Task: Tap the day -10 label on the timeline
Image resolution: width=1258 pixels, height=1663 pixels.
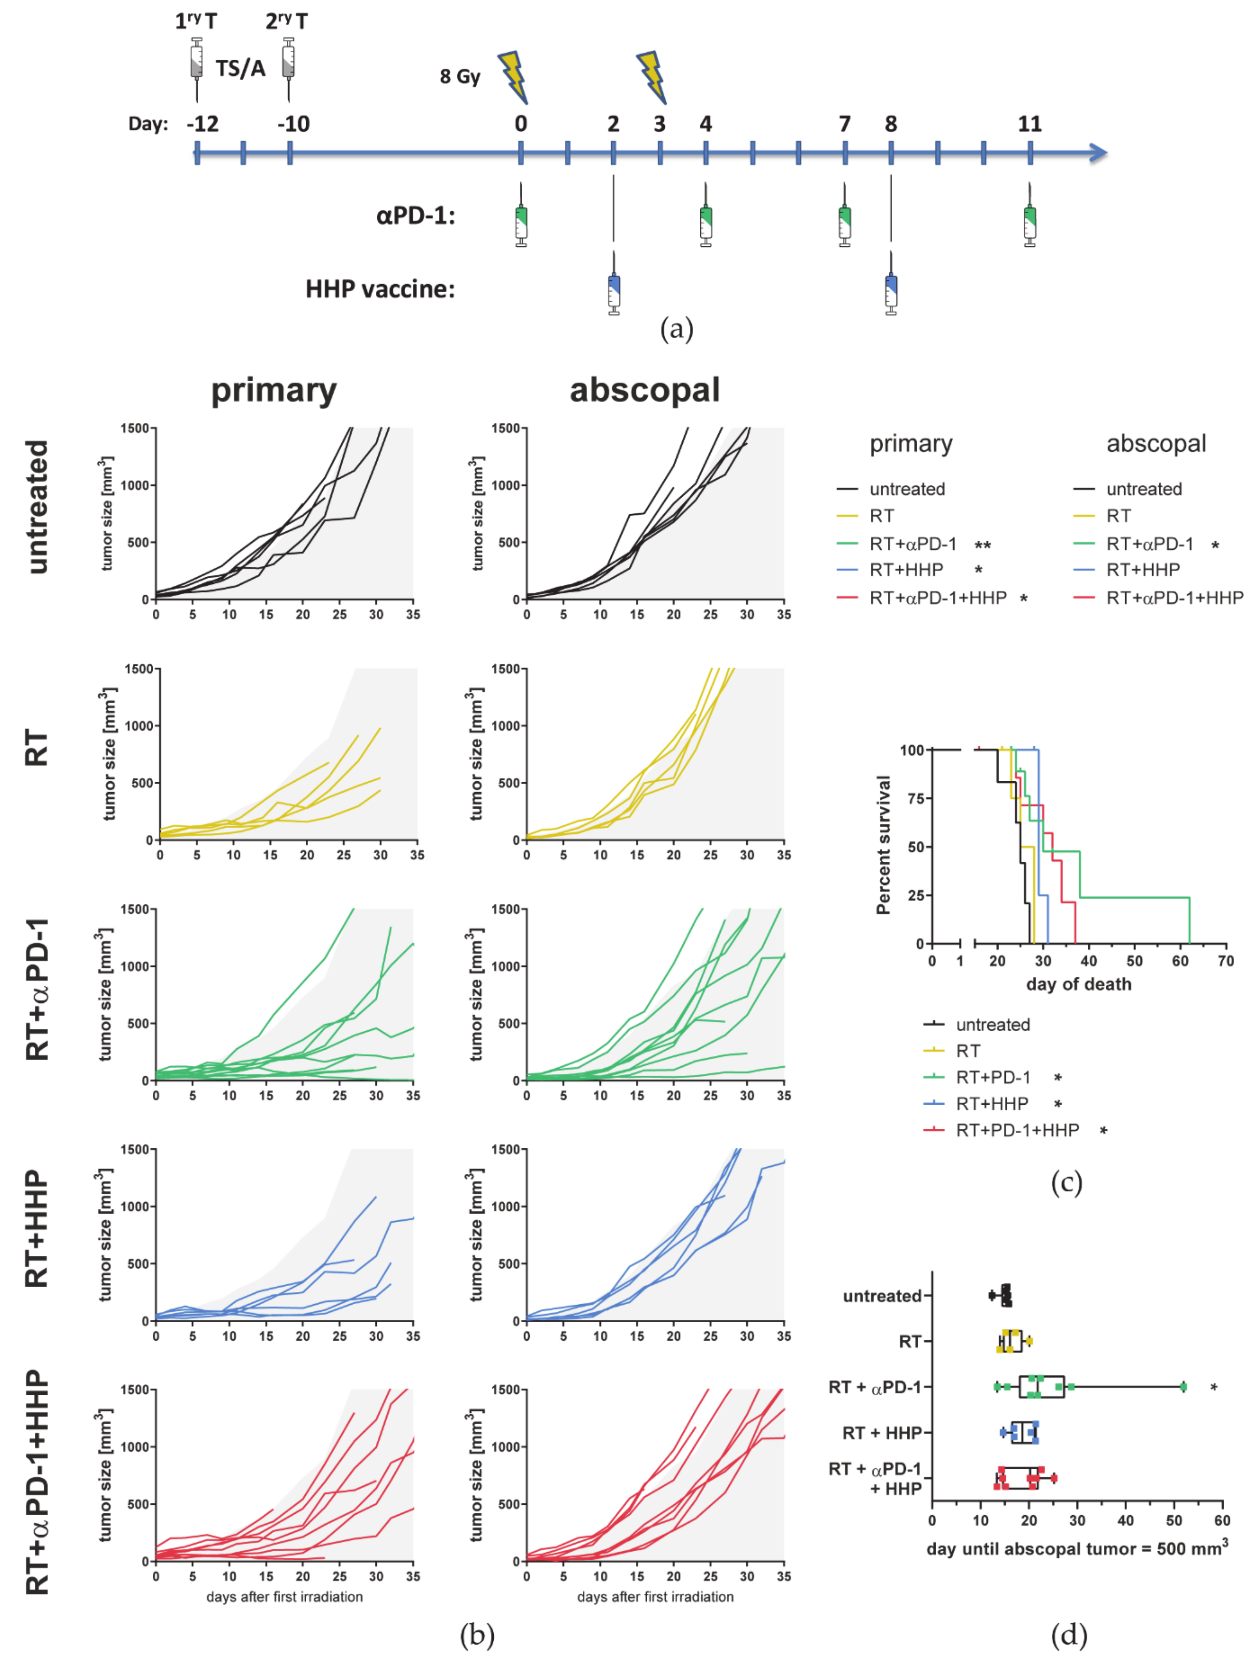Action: point(293,124)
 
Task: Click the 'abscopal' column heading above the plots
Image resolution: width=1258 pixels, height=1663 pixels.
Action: point(644,390)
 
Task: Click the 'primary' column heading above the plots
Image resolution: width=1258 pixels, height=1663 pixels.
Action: point(274,390)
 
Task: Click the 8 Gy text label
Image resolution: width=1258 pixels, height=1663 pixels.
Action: point(459,77)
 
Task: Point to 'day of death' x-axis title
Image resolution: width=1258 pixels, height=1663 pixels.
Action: point(1078,984)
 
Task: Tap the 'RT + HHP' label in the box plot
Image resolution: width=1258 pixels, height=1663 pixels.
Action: point(881,1433)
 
